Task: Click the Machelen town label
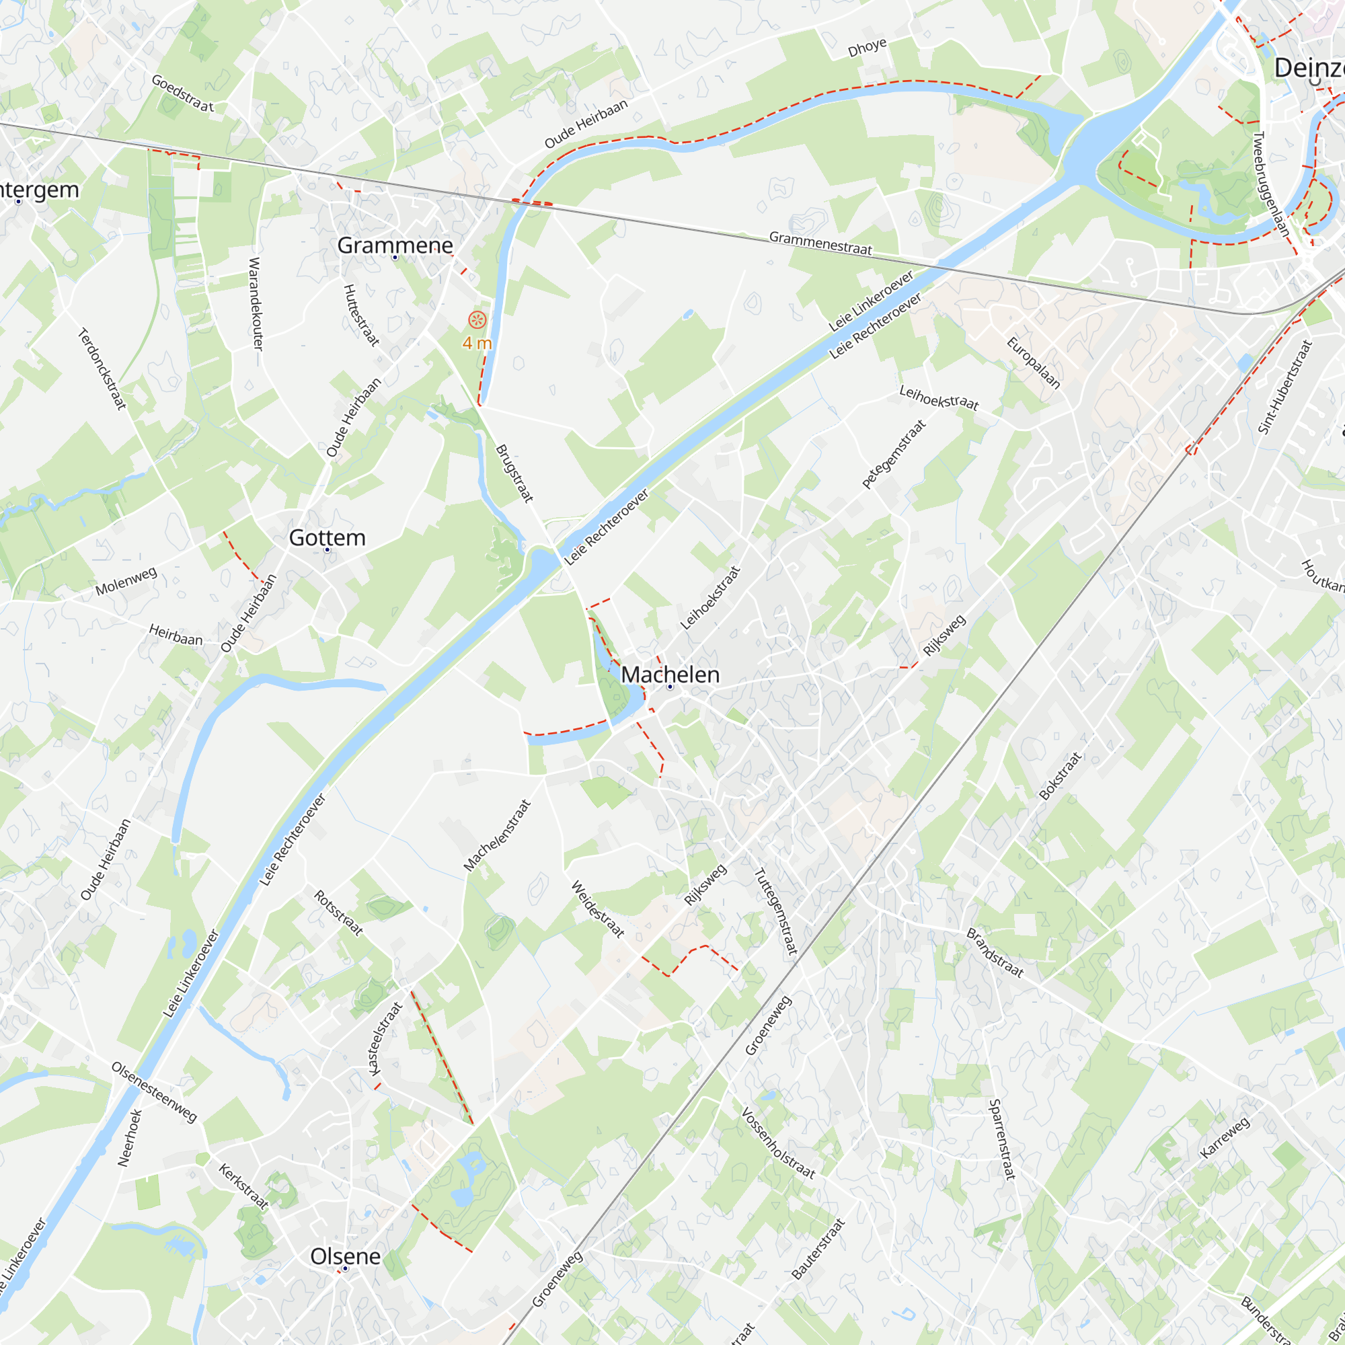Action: (x=670, y=674)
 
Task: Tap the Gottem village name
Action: (x=328, y=537)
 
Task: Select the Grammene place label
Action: (x=395, y=245)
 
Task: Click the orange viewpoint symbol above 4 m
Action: (x=477, y=320)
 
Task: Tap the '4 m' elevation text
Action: (x=477, y=343)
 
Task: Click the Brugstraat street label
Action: (x=514, y=473)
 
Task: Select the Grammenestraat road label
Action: (x=820, y=243)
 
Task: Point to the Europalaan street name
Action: (x=1033, y=362)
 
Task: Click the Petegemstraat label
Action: (x=894, y=454)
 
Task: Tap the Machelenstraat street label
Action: (x=497, y=835)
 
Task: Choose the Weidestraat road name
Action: (x=597, y=909)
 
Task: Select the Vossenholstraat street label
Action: (x=777, y=1143)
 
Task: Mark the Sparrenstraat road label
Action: (x=1002, y=1139)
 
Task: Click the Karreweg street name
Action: (x=1225, y=1138)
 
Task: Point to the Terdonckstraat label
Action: (x=102, y=369)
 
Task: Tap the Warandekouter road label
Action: (x=256, y=303)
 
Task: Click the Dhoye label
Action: (x=867, y=48)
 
